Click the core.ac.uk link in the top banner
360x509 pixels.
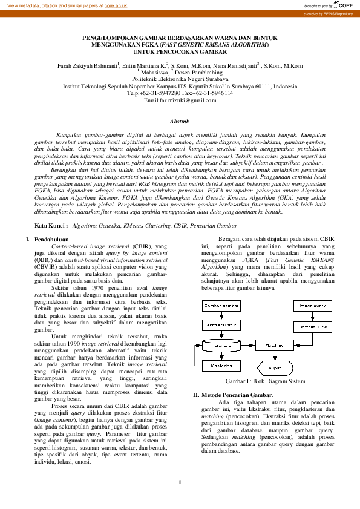click(116, 5)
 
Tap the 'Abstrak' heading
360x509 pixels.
click(180, 121)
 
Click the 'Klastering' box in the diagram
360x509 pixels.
click(220, 366)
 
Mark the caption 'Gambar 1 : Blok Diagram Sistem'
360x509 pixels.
click(265, 382)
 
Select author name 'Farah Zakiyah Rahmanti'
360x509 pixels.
click(86, 65)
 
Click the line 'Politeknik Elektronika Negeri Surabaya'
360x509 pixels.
click(180, 79)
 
